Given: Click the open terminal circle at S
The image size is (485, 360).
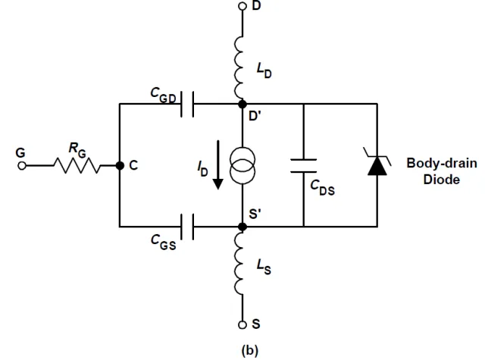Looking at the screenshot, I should pyautogui.click(x=242, y=324).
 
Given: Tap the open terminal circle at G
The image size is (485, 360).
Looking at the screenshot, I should pyautogui.click(x=22, y=164).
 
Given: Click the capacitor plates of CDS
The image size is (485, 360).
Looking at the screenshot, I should pyautogui.click(x=303, y=164).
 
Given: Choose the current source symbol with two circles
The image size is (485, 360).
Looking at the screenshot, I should pyautogui.click(x=242, y=164).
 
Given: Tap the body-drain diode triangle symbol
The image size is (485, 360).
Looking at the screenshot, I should pyautogui.click(x=377, y=164).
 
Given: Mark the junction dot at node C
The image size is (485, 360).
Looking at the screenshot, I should pyautogui.click(x=120, y=164).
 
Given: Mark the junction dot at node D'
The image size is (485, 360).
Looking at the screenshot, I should pyautogui.click(x=242, y=103).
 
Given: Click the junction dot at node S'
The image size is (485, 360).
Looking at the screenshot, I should pyautogui.click(x=242, y=226).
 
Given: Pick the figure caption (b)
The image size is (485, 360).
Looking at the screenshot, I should pyautogui.click(x=242, y=350).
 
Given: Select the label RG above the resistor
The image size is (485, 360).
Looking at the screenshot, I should pyautogui.click(x=77, y=149).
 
